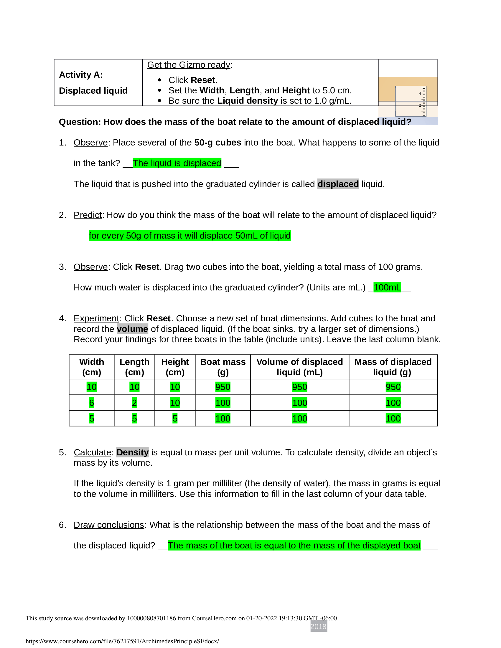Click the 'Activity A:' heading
point(81,75)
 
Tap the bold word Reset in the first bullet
point(203,80)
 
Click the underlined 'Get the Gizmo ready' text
point(189,65)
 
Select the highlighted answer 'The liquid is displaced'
point(177,163)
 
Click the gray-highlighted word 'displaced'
point(338,184)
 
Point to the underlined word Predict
point(88,215)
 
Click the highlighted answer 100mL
point(387,287)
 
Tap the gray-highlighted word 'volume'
point(132,329)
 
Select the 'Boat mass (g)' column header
point(223,367)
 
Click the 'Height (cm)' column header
point(175,367)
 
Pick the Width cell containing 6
point(91,403)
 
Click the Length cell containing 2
point(134,403)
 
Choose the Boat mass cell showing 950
point(223,387)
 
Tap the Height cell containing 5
point(175,418)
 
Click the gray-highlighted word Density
point(132,452)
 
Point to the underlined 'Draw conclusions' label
point(109,525)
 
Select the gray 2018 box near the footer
point(319,626)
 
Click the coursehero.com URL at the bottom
point(122,641)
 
